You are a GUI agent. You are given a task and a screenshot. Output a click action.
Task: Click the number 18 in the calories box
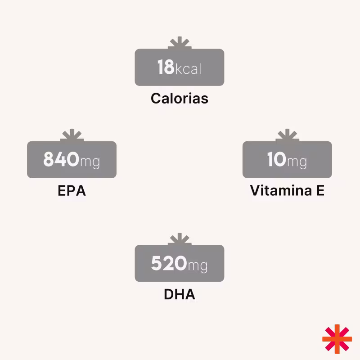click(166, 67)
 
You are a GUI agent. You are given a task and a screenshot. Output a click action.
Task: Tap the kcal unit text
click(188, 69)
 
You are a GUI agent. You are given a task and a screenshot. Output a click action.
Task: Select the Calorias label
click(180, 99)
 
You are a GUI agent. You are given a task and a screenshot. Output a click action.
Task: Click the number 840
click(61, 160)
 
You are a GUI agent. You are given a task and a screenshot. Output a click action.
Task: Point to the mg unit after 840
click(90, 162)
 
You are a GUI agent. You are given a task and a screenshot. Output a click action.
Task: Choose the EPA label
click(72, 191)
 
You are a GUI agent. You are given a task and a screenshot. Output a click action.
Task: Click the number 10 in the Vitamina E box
click(276, 160)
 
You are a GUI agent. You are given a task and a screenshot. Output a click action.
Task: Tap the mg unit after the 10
click(297, 162)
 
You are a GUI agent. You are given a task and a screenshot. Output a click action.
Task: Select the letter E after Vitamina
click(320, 191)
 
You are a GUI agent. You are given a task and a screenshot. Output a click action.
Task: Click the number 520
click(169, 263)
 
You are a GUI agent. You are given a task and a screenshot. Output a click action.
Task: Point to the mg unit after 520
click(197, 265)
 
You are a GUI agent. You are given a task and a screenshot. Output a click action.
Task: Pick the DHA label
click(180, 295)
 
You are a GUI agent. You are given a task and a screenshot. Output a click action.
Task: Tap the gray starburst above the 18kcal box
click(180, 43)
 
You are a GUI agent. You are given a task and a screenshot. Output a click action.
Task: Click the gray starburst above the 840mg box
click(72, 135)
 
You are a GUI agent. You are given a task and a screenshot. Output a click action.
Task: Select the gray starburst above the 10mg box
click(287, 135)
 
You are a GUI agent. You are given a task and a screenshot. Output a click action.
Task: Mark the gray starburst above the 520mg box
click(180, 239)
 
